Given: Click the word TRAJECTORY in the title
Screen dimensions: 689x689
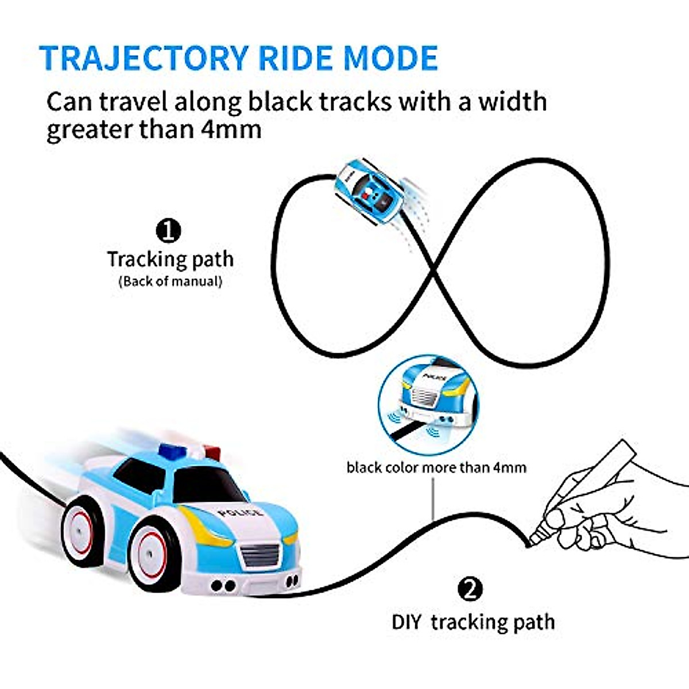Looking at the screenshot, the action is coord(144,57).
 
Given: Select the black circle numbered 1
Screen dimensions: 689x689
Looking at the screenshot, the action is coord(168,231).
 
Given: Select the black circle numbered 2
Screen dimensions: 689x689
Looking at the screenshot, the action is coord(470,590).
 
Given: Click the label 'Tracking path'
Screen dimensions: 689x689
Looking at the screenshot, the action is coord(171,259).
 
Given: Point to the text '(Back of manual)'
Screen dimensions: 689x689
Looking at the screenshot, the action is coord(171,281).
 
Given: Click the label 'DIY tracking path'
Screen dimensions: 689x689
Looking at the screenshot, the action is coord(473,622).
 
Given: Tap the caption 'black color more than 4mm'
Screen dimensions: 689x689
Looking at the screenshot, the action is coord(436,467).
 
